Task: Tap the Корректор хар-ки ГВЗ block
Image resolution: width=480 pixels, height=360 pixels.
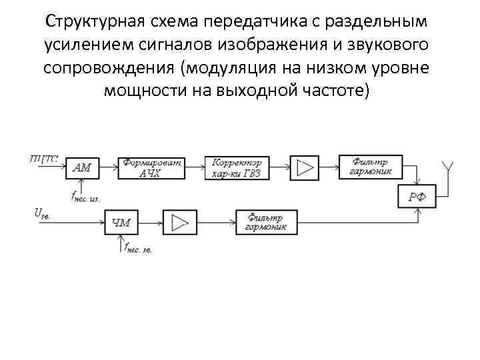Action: tap(237, 167)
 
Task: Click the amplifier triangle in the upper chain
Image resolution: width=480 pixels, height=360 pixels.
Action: tap(305, 167)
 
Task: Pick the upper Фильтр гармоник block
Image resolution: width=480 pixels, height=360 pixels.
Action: tap(370, 167)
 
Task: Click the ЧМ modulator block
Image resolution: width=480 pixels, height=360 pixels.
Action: tap(121, 222)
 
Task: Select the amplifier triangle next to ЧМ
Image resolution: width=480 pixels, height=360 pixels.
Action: tap(178, 222)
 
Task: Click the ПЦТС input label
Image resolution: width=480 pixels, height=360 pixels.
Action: tap(44, 159)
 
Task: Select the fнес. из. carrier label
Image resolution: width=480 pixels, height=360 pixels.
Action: tap(85, 196)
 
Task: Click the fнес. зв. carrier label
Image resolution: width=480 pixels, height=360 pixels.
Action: tap(137, 249)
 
